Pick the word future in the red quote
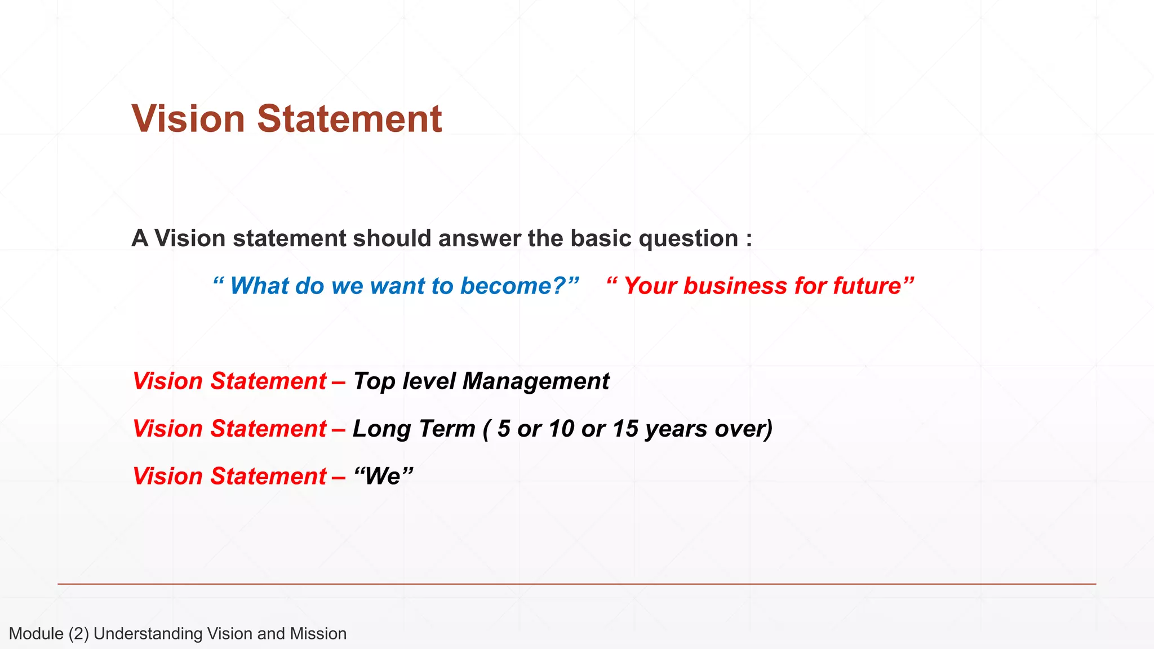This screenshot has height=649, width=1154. point(867,286)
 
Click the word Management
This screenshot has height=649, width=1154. point(536,381)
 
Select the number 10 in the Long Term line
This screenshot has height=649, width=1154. point(561,429)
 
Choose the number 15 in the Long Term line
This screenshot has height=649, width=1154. point(625,429)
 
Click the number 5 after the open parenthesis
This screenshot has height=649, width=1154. point(504,429)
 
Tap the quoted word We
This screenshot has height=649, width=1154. point(383,477)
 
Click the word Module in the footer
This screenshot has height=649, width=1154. point(36,634)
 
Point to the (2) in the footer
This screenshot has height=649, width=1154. point(79,634)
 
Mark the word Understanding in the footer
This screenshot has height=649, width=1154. point(148,634)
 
